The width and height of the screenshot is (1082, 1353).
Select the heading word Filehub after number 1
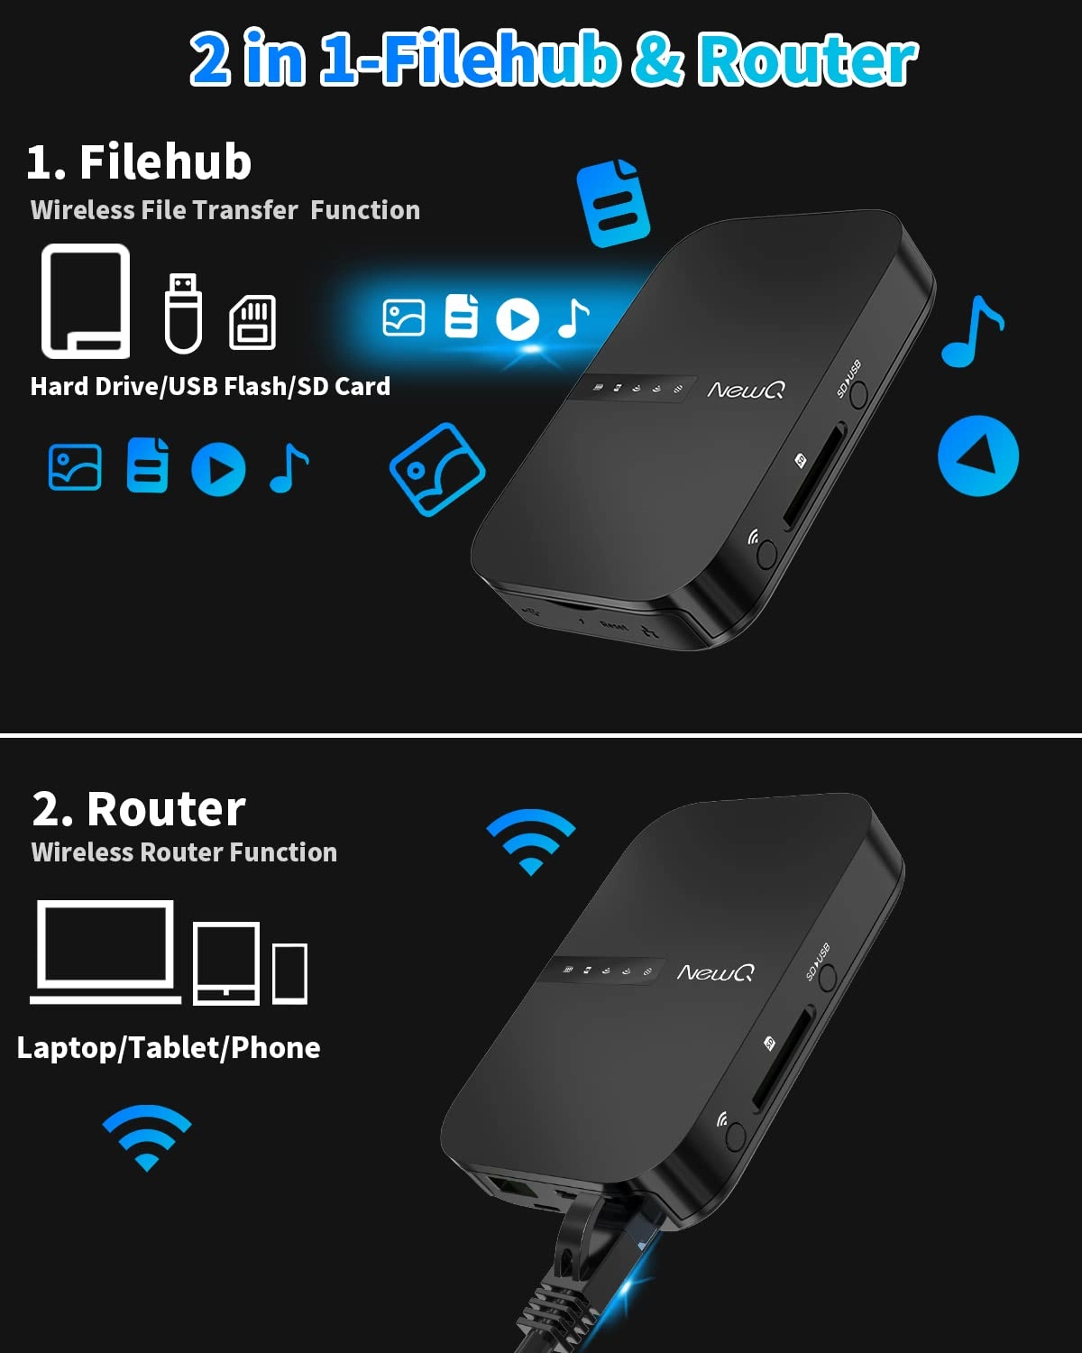click(165, 162)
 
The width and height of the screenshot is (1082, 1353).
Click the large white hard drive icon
click(86, 300)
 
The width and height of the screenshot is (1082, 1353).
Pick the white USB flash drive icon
click(183, 312)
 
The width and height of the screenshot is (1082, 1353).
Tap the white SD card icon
click(252, 322)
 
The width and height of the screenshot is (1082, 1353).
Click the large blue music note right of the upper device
click(972, 331)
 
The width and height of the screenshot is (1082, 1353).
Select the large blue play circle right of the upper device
click(978, 456)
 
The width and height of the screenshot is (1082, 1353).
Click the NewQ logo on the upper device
click(746, 390)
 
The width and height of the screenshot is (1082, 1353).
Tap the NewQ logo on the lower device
click(715, 972)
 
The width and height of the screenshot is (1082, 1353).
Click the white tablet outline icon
click(226, 963)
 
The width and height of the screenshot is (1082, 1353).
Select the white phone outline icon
click(289, 972)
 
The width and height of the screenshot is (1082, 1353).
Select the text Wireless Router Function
click(184, 852)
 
